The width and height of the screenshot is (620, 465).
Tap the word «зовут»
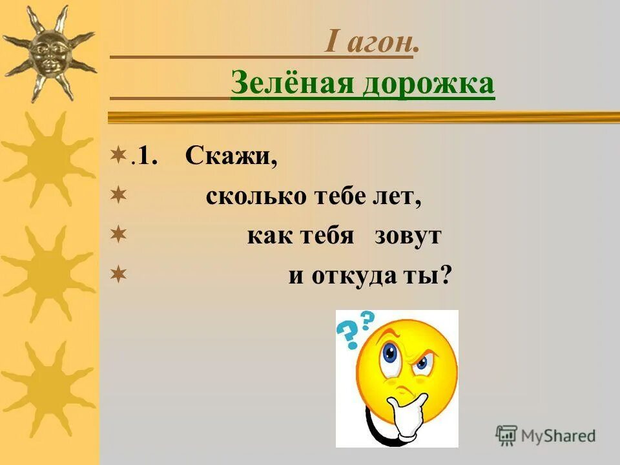[408, 236]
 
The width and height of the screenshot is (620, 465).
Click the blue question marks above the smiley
[355, 327]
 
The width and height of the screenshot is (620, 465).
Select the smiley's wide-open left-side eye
[389, 353]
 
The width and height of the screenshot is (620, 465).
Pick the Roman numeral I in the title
[331, 44]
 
